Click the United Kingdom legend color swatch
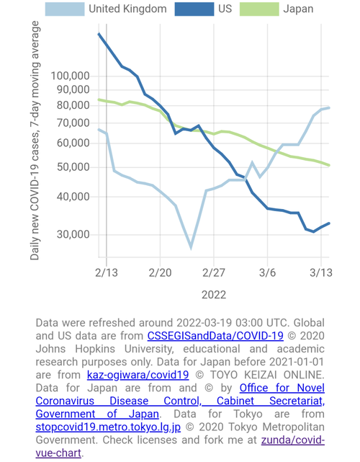pos(65,9)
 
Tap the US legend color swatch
pos(194,9)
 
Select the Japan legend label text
pos(298,9)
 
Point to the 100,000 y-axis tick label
pos(71,76)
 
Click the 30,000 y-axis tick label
pos(73,234)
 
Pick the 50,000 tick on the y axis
pos(73,166)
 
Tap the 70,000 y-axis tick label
pos(73,123)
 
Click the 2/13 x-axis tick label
pos(107,273)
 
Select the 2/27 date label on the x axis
pos(214,273)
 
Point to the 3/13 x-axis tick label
pos(321,273)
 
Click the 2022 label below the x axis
pos(214,295)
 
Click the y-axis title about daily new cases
pos(35,141)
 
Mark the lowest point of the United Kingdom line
pos(191,248)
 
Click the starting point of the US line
pos(99,34)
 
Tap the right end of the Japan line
pos(329,165)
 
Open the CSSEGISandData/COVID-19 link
pos(215,336)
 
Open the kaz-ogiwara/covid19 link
pos(138,375)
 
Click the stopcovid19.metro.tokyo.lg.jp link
pos(108,427)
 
